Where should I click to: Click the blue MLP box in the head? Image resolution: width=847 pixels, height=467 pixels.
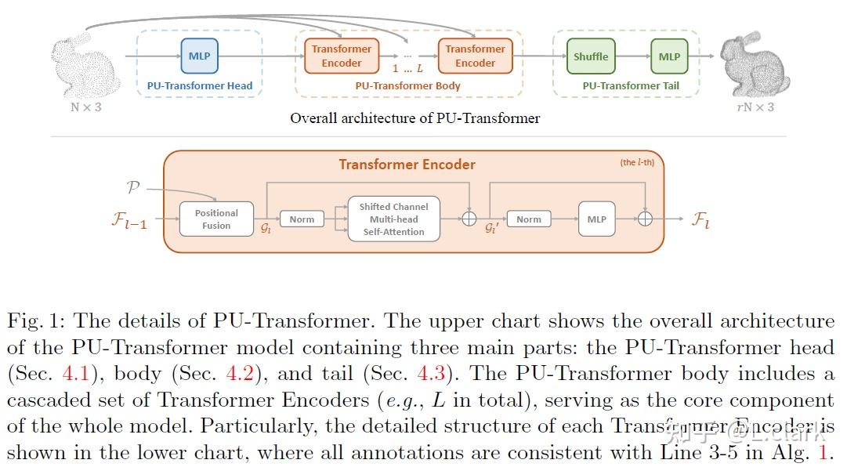pyautogui.click(x=200, y=56)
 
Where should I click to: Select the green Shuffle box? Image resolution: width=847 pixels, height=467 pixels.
pyautogui.click(x=591, y=56)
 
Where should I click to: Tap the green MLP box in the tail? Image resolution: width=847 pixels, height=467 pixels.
pyautogui.click(x=669, y=56)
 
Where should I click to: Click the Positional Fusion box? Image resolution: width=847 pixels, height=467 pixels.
pyautogui.click(x=216, y=219)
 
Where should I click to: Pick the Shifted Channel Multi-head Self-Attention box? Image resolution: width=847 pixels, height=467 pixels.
pyautogui.click(x=393, y=219)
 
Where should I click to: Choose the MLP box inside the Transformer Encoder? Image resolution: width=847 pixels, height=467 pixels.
pyautogui.click(x=596, y=219)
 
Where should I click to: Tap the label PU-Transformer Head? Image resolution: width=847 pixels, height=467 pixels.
pyautogui.click(x=200, y=86)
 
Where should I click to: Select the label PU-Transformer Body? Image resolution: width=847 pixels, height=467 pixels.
pyautogui.click(x=407, y=86)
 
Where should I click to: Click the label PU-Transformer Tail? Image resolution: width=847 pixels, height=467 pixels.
pyautogui.click(x=631, y=86)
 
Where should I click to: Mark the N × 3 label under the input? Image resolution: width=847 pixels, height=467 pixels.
pyautogui.click(x=86, y=107)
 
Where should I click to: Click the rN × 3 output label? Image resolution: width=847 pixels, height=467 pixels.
pyautogui.click(x=755, y=107)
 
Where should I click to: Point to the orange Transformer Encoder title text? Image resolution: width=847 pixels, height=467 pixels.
pyautogui.click(x=407, y=165)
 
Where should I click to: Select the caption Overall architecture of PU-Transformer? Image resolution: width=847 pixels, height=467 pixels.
pyautogui.click(x=414, y=118)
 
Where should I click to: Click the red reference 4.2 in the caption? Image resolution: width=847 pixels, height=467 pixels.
pyautogui.click(x=241, y=374)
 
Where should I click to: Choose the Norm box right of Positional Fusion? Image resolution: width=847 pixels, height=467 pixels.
pyautogui.click(x=302, y=219)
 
